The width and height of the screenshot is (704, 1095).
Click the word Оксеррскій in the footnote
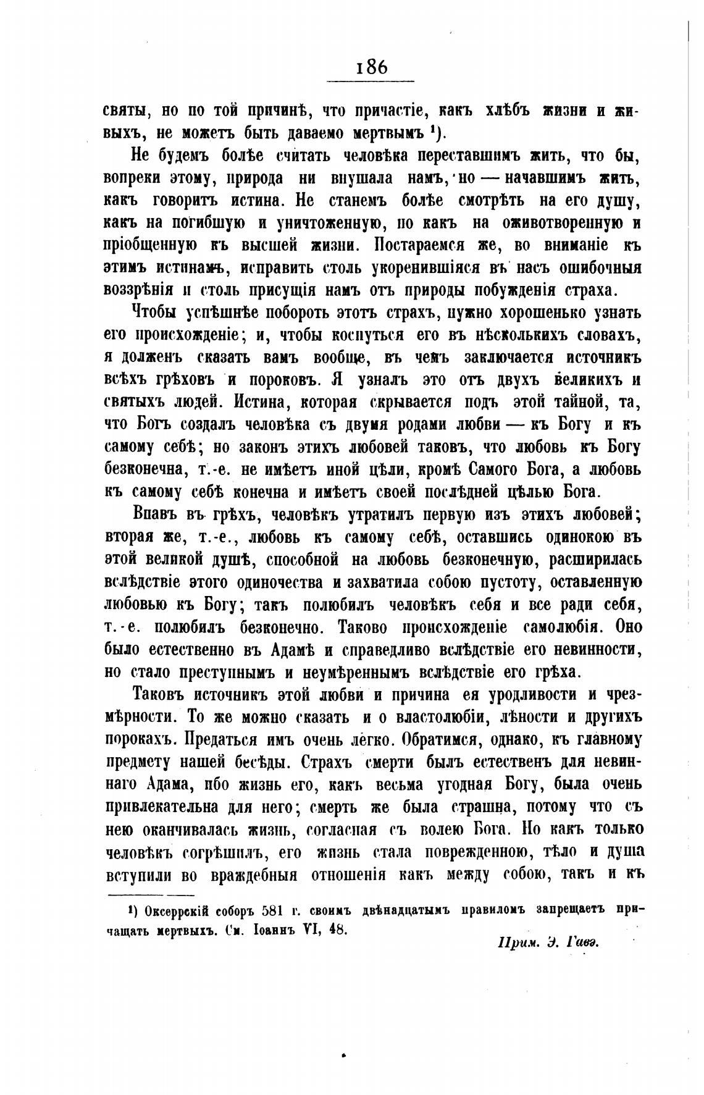pos(178,910)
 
